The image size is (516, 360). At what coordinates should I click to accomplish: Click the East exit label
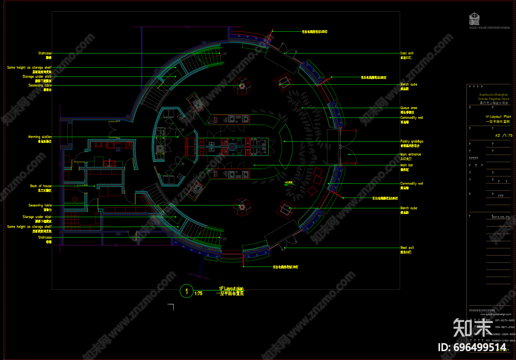(407, 53)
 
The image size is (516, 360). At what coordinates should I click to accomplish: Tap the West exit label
(407, 248)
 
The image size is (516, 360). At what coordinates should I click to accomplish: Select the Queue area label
(408, 108)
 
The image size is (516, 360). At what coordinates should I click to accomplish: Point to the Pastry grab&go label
(412, 142)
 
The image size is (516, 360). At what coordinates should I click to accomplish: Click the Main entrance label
(410, 155)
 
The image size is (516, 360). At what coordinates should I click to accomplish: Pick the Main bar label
(407, 165)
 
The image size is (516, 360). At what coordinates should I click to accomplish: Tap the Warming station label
(40, 137)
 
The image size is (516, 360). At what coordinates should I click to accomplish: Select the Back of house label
(41, 186)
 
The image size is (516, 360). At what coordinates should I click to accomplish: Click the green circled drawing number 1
(187, 291)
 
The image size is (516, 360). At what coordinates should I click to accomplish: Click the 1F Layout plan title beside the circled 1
(231, 289)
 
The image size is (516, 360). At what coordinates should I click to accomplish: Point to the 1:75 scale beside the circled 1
(198, 294)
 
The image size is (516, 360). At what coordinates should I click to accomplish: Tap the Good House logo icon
(474, 19)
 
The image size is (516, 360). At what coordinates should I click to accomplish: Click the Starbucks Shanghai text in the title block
(493, 95)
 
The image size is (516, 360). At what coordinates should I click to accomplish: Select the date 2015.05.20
(500, 217)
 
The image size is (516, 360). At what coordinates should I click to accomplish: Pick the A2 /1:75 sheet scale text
(504, 135)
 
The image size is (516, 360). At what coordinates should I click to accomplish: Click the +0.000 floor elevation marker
(288, 183)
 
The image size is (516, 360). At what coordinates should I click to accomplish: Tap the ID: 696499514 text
(472, 347)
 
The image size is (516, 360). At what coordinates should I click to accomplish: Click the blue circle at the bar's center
(232, 147)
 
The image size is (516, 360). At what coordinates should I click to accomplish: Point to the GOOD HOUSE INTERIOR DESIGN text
(489, 28)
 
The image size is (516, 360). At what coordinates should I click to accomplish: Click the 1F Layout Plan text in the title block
(498, 117)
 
